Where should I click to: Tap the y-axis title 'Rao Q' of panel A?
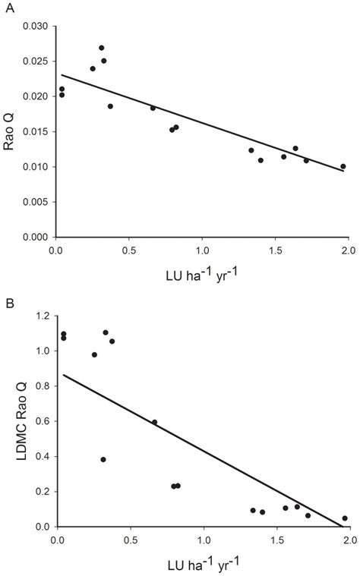coord(10,131)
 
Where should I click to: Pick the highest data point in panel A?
coord(102,48)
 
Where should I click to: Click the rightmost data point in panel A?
coord(343,166)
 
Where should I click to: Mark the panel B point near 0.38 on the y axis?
coord(103,459)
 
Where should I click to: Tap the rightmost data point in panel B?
coord(345,518)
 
